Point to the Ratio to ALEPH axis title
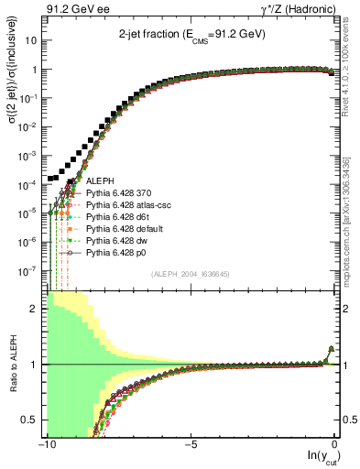[x=12, y=364]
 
